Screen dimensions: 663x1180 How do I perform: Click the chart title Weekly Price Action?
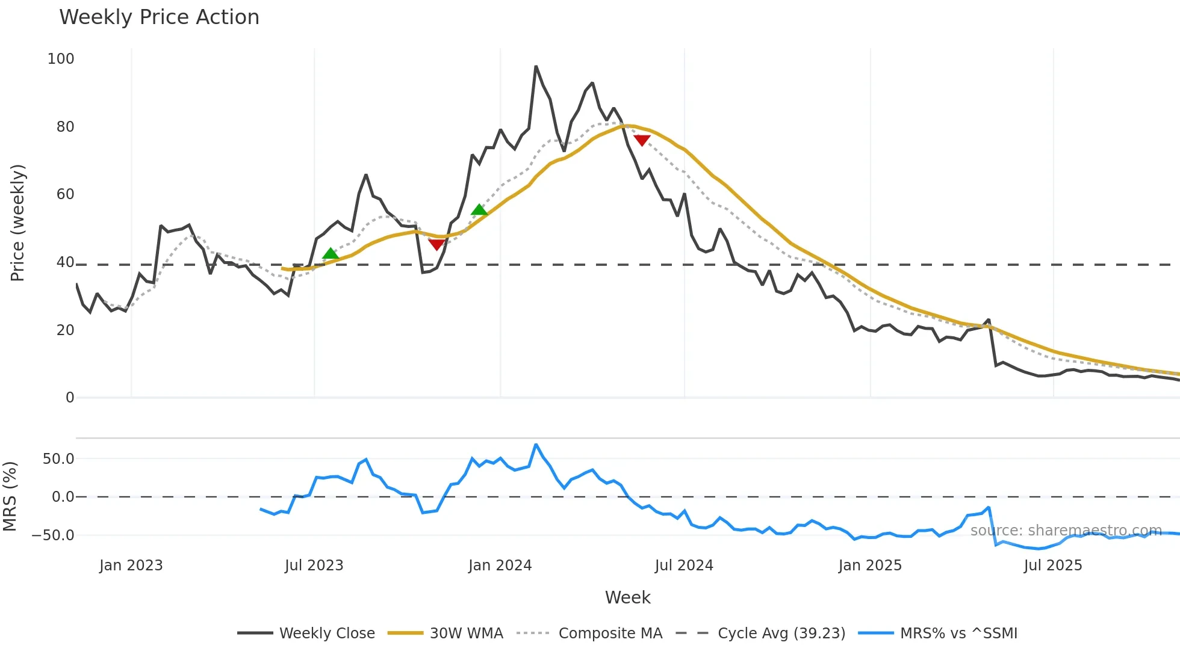(x=159, y=17)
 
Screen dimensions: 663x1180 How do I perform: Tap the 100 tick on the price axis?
(x=61, y=59)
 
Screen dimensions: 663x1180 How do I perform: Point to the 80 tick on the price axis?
(x=65, y=127)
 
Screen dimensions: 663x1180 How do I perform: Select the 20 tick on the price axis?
(x=65, y=330)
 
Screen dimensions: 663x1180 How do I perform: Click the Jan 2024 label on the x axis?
(x=500, y=566)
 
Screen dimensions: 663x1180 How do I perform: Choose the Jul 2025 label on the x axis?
(x=1052, y=566)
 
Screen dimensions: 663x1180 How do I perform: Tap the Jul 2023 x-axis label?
(x=314, y=566)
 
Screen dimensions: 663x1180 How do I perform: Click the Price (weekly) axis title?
(x=17, y=223)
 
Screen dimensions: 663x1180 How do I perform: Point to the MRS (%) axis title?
(x=10, y=496)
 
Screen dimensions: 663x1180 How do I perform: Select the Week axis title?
(x=627, y=597)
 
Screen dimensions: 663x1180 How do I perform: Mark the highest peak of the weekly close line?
(x=536, y=66)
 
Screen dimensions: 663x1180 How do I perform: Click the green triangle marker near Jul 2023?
(x=330, y=254)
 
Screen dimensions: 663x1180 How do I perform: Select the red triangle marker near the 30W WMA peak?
(x=642, y=140)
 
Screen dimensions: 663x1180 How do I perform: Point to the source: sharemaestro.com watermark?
(x=1066, y=531)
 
